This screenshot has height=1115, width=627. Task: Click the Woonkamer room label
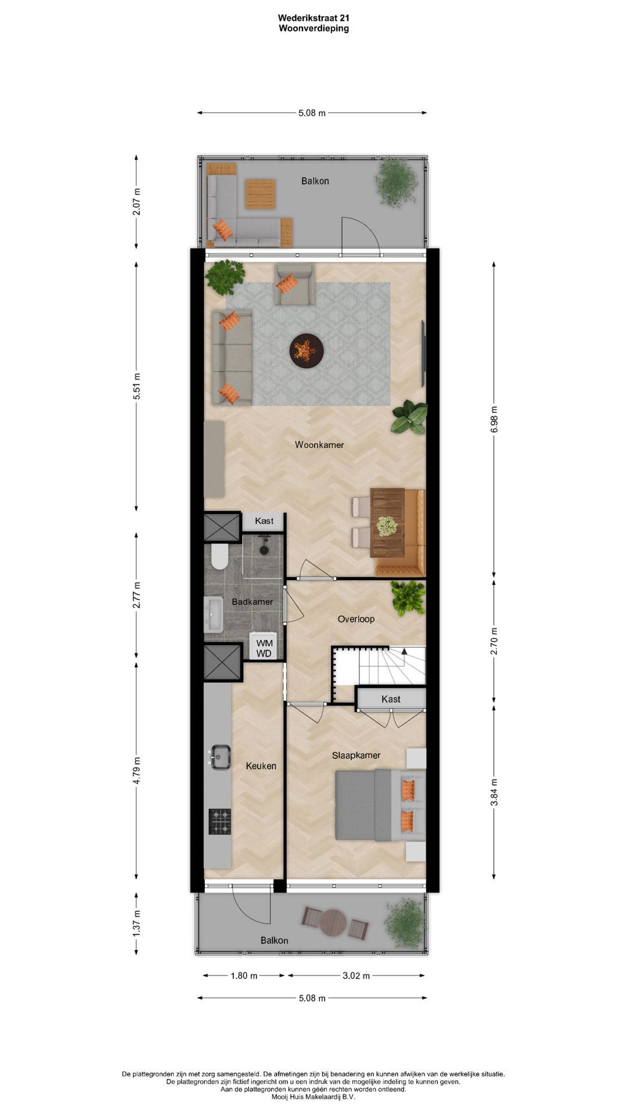[319, 445]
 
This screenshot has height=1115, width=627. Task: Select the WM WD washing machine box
[264, 648]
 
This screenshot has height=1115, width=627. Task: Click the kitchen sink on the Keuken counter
[219, 757]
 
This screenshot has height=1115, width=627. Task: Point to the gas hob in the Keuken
[220, 822]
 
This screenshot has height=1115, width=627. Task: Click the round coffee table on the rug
[307, 351]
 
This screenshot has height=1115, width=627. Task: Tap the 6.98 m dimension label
[494, 419]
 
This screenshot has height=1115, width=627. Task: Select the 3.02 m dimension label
[356, 976]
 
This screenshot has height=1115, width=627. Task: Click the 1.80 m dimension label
[244, 976]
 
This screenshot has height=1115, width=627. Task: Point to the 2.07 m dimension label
[136, 202]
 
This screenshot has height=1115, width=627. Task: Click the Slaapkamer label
[356, 755]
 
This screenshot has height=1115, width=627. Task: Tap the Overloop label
[356, 619]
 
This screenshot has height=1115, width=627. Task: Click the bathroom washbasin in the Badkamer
[214, 614]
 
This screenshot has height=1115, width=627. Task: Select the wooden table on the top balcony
[260, 194]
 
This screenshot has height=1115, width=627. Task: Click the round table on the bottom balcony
[333, 922]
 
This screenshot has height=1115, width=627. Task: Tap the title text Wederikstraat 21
[313, 18]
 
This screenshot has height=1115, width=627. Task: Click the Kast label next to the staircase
[391, 699]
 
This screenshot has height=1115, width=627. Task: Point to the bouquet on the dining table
[387, 526]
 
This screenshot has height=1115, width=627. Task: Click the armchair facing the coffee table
[294, 285]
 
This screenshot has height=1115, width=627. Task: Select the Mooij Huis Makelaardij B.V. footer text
[313, 1097]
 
